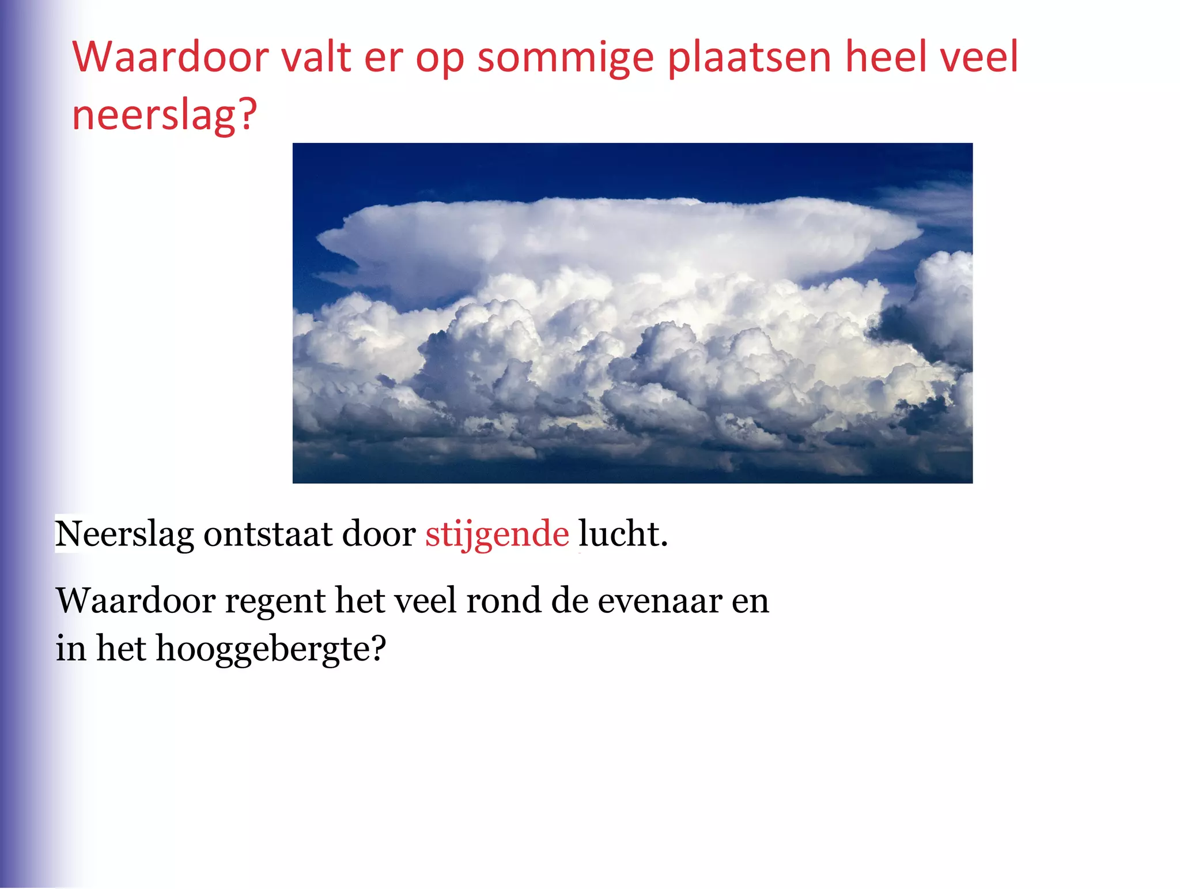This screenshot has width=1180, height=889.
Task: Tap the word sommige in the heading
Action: click(x=566, y=58)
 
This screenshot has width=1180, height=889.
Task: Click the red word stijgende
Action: click(x=497, y=534)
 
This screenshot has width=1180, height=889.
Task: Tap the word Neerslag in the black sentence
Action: click(x=124, y=534)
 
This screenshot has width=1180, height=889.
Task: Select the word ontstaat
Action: click(x=267, y=534)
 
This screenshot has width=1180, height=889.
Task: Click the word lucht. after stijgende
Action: click(x=623, y=534)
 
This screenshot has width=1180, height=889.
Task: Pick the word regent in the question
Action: click(x=275, y=601)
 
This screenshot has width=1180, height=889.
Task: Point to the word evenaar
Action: click(x=659, y=601)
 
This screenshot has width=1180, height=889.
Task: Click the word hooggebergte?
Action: click(x=270, y=649)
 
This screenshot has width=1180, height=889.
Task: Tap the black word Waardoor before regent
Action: click(x=136, y=601)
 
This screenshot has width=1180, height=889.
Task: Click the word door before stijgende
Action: click(x=379, y=534)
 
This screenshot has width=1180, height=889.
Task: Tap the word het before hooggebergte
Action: click(x=121, y=649)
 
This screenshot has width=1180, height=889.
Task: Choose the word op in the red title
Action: click(x=440, y=58)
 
